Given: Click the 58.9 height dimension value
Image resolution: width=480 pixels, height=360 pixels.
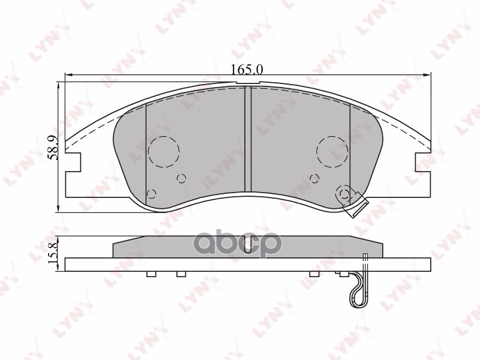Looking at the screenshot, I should click(x=53, y=148).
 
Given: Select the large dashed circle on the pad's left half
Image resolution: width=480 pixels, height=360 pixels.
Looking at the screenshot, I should click(x=163, y=152).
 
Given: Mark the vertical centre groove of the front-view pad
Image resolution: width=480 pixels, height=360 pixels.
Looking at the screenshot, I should click(x=247, y=141).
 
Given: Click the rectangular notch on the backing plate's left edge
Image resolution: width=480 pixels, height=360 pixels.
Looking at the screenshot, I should click(x=72, y=163).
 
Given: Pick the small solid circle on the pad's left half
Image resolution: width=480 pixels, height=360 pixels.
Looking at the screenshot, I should click(x=182, y=178).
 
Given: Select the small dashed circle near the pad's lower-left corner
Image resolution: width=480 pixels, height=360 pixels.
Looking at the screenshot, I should click(x=151, y=194).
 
